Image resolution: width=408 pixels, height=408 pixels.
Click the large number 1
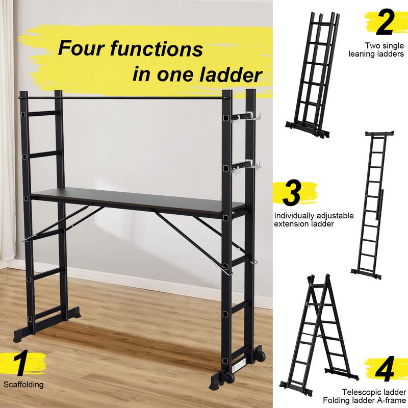pos(20,363)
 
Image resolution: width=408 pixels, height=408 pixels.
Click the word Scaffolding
pos(23,385)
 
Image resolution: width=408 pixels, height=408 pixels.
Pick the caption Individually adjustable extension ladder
pos(314,220)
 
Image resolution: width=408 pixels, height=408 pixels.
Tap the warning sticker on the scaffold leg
pos(236,366)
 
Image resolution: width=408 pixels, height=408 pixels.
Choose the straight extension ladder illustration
pos(367,204)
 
